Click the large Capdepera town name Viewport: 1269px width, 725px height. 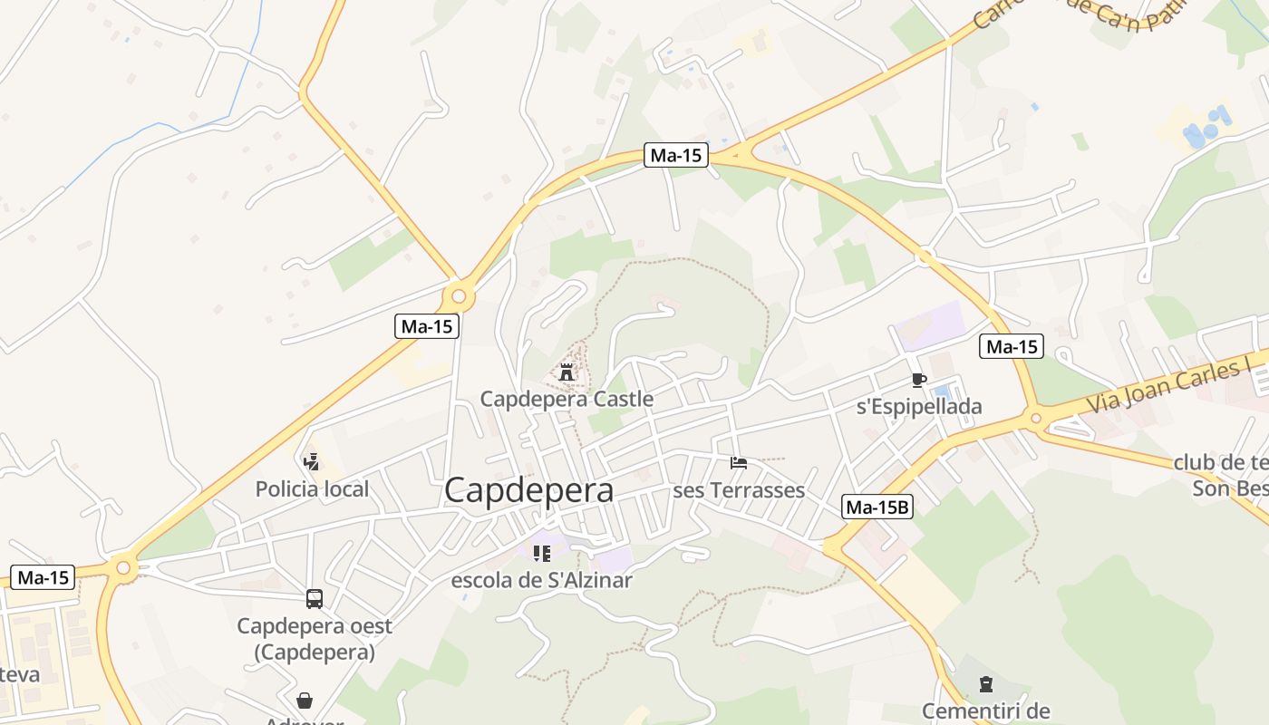coord(528,490)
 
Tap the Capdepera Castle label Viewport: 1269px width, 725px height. coord(567,399)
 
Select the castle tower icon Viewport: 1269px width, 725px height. coord(567,372)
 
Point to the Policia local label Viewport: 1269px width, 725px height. coord(312,489)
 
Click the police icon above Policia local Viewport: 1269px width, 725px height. coord(312,462)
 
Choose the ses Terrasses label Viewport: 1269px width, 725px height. coord(739,490)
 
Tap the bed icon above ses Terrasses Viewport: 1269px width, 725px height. coord(739,463)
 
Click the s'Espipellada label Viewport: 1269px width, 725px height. coord(919,407)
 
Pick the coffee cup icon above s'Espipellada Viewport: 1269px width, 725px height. coord(919,380)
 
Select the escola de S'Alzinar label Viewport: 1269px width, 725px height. coord(542,580)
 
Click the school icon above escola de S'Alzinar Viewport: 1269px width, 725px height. coord(542,553)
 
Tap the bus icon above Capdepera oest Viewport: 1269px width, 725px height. coord(315,599)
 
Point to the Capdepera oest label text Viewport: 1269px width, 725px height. coord(315,626)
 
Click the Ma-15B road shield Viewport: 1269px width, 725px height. coord(877,507)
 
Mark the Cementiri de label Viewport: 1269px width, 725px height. coord(986,710)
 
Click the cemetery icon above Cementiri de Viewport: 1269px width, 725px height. coord(986,683)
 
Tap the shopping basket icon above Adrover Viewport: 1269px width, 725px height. coord(305,701)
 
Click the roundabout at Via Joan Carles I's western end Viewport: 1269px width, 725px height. coord(1036,418)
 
